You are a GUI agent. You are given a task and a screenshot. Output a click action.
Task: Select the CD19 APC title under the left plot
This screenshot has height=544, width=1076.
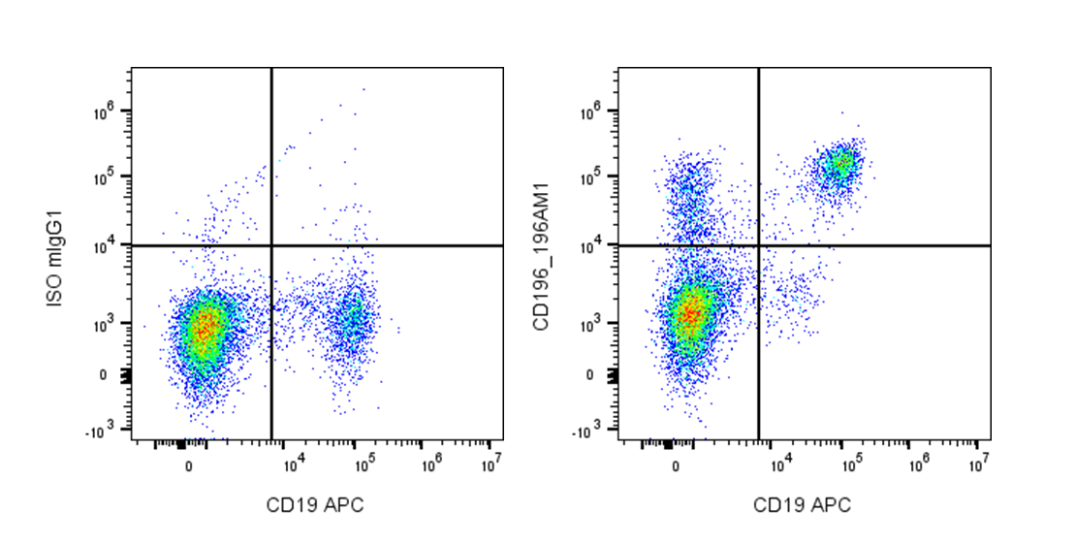[316, 504]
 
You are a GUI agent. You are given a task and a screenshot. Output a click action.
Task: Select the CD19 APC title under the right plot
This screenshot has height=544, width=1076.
[803, 504]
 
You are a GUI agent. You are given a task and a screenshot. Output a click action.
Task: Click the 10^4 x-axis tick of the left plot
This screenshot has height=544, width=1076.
[294, 464]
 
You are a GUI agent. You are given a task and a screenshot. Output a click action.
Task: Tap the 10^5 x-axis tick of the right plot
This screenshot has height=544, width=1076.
[852, 464]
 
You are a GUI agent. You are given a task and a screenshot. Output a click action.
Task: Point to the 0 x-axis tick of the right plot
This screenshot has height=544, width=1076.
[677, 465]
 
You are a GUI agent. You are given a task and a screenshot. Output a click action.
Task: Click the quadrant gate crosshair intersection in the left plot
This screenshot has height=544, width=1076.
[271, 245]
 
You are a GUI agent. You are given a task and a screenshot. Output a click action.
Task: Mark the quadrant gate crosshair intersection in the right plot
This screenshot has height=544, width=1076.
[758, 245]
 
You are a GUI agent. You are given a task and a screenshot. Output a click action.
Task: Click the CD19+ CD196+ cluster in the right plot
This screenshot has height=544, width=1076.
[839, 165]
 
